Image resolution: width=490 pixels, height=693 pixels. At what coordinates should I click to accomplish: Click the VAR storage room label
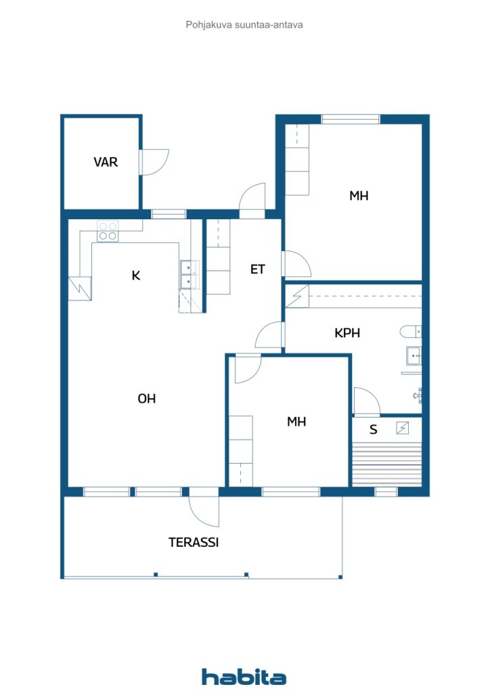coord(106,162)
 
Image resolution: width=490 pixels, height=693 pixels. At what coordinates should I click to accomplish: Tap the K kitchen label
coord(136,276)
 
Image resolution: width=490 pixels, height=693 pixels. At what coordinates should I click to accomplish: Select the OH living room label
coord(147,399)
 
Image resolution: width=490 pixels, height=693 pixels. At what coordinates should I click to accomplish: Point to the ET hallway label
coord(258,269)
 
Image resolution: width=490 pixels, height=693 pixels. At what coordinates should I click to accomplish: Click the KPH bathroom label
coord(347,333)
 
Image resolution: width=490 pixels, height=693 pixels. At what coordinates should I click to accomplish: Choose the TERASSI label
coord(194,542)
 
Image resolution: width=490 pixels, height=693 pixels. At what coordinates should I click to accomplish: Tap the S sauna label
coord(374,430)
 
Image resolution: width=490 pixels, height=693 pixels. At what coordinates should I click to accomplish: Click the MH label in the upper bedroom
coord(359,196)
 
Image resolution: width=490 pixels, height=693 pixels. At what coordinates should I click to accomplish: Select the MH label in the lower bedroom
coord(296,422)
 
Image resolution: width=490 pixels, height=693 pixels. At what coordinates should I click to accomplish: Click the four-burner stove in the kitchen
coord(108,231)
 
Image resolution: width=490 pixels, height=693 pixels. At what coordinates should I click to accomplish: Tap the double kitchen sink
coord(190,275)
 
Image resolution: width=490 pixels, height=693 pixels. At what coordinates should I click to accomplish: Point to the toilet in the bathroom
coord(410,332)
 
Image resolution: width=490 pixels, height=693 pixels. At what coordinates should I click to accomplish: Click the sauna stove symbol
coord(403,428)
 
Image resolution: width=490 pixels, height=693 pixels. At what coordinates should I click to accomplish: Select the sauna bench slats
coord(387,464)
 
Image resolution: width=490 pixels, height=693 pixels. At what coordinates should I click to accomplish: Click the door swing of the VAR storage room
coord(154,162)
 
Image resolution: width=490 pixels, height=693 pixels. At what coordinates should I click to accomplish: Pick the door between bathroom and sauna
coord(367,401)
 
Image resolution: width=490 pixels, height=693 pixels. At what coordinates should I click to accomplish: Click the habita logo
coord(244,677)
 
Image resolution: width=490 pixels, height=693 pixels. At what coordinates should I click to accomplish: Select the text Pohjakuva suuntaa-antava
coord(244,25)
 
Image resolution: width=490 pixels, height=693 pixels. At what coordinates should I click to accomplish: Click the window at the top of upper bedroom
coord(351,119)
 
